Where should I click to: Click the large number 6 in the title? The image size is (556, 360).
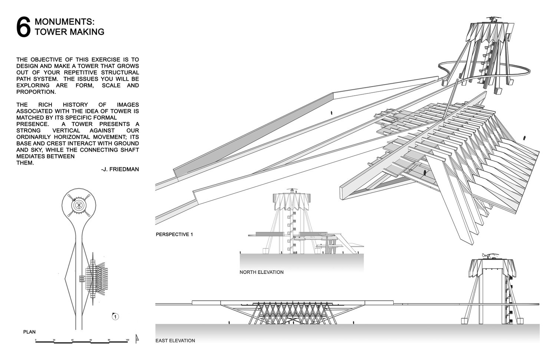tap(23, 27)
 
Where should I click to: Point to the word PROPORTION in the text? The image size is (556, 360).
tap(36, 92)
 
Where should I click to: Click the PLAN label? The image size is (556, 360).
tap(29, 332)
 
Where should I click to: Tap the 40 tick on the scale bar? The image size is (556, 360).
tap(73, 340)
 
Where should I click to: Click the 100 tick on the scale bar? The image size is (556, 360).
tap(127, 340)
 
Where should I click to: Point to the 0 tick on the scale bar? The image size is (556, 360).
tap(36, 340)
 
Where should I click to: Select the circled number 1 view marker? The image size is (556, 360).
tap(116, 317)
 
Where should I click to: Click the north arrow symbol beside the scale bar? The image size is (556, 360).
tap(137, 337)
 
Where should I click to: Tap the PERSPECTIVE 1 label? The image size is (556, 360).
tap(175, 234)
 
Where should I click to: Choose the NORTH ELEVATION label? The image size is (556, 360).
tap(261, 272)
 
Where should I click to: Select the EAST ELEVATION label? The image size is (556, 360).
tap(175, 340)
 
